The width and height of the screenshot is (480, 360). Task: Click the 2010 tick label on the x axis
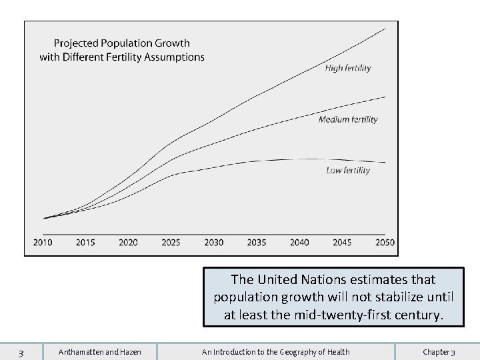pos(43,242)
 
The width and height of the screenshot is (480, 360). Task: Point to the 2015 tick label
pos(85,242)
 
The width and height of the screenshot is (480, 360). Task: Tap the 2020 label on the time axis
pos(128,242)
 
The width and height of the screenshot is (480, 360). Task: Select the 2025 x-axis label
pos(171,242)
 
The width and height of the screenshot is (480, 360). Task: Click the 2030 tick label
pos(213,242)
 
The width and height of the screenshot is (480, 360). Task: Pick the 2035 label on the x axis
pos(257,242)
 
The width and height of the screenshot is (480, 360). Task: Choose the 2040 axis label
pos(299,242)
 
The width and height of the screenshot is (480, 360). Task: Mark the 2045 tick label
pos(342,242)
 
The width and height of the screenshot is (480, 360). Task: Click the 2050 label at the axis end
pos(385,242)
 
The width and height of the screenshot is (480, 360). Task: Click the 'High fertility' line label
pos(347,68)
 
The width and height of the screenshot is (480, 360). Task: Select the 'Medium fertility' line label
pos(347,120)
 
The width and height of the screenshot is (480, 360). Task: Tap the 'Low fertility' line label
pos(347,171)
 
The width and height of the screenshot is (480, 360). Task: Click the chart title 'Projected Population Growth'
pos(122,43)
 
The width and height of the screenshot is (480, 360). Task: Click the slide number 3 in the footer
pos(21,352)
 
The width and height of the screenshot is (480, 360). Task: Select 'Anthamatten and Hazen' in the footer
pos(100,352)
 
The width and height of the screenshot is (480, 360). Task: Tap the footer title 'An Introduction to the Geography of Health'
pos(276,352)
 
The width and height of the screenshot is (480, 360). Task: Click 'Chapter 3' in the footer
pos(439,352)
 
